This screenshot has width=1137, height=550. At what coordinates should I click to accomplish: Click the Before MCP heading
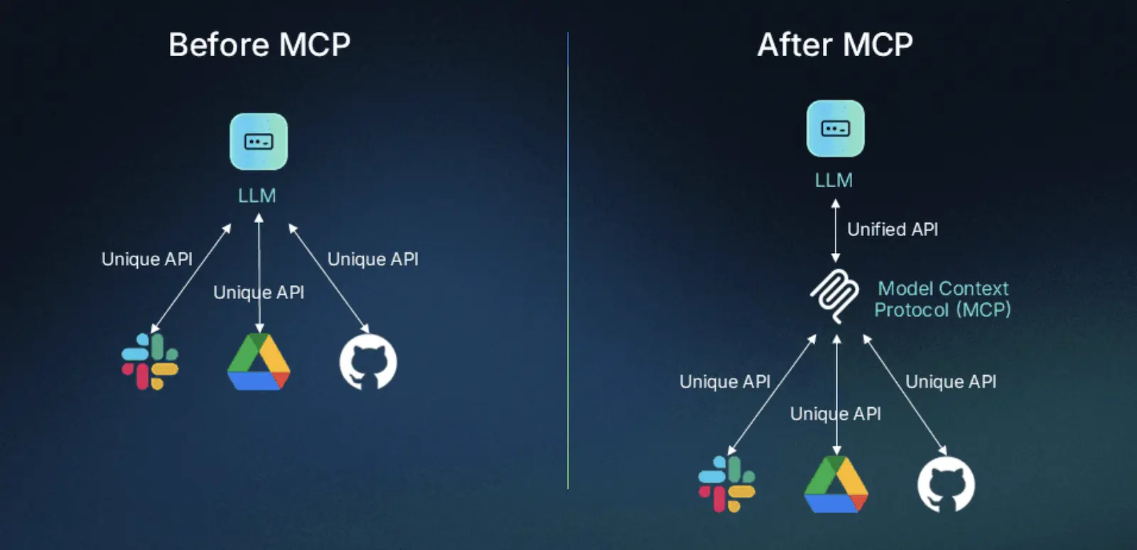pos(259,45)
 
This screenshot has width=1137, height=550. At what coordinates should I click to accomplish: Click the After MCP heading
pos(835,45)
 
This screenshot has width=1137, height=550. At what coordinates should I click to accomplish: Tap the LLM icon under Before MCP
pos(259,141)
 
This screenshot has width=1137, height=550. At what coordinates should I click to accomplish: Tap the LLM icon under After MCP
pos(835,129)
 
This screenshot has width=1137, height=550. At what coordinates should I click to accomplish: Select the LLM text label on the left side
pos(257,195)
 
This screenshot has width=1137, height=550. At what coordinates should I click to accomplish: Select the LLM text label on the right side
pos(834,180)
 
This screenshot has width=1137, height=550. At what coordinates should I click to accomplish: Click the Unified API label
pos(893,230)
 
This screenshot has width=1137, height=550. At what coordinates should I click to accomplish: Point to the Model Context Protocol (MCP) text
pos(942,299)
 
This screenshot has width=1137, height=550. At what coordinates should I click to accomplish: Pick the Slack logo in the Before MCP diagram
pos(150,362)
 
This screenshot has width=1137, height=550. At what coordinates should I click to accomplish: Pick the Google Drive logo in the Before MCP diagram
pos(259,362)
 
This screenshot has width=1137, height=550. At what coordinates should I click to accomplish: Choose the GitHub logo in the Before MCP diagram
pos(368,363)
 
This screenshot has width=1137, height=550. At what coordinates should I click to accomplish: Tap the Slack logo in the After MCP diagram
pos(727,484)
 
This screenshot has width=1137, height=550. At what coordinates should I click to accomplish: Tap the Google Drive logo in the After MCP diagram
pos(836,485)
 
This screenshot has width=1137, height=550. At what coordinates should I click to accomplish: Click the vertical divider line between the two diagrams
pos(568,284)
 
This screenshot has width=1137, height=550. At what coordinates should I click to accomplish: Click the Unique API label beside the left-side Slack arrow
pos(147,259)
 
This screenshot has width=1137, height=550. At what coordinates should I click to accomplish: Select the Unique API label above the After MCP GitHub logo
pos(951,382)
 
